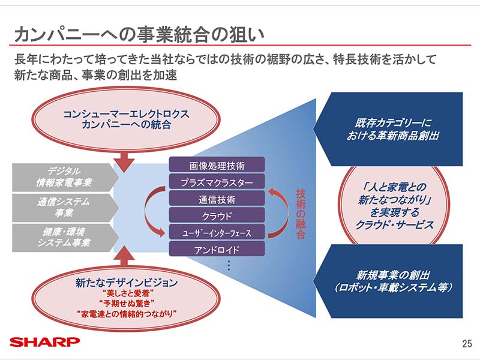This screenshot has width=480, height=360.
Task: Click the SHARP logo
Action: (45, 342)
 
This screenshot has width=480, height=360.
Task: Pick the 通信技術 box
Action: (217, 199)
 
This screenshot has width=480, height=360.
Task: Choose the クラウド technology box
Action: (217, 215)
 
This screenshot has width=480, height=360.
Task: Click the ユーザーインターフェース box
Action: (217, 232)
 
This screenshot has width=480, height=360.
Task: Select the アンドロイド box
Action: (217, 249)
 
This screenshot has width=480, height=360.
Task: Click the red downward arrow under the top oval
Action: (126, 159)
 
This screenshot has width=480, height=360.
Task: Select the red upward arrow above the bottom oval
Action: (126, 255)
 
